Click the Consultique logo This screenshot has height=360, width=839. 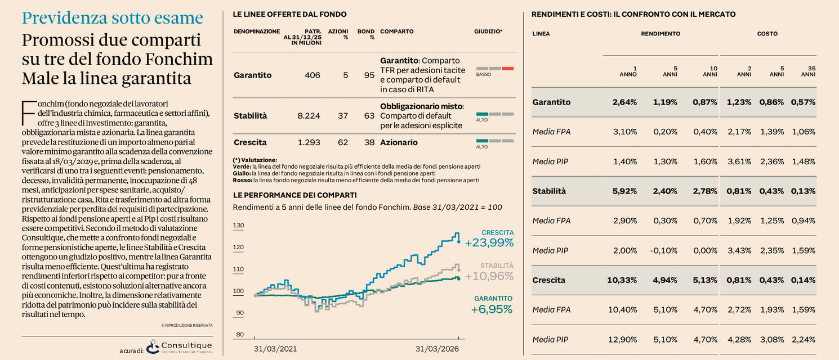pos(178,347)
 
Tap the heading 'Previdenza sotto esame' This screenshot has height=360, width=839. pos(111,18)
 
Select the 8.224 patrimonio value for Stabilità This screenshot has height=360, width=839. pos(309,116)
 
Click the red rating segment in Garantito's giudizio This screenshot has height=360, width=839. pos(507,69)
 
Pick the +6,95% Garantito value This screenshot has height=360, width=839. pos(492,309)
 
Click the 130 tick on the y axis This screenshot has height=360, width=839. pos(238,226)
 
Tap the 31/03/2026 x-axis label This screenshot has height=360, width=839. pos(437,349)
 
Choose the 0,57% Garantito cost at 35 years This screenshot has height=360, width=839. pos(803,102)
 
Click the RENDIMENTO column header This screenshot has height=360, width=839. pos(660,34)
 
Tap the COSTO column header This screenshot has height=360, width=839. pos(767,34)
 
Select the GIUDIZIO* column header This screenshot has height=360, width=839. pos(488,31)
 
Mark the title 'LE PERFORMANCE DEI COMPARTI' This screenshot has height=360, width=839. pos(294,195)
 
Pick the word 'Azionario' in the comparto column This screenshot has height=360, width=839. pos(399,143)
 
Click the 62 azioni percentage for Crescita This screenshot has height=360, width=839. pos(343,143)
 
